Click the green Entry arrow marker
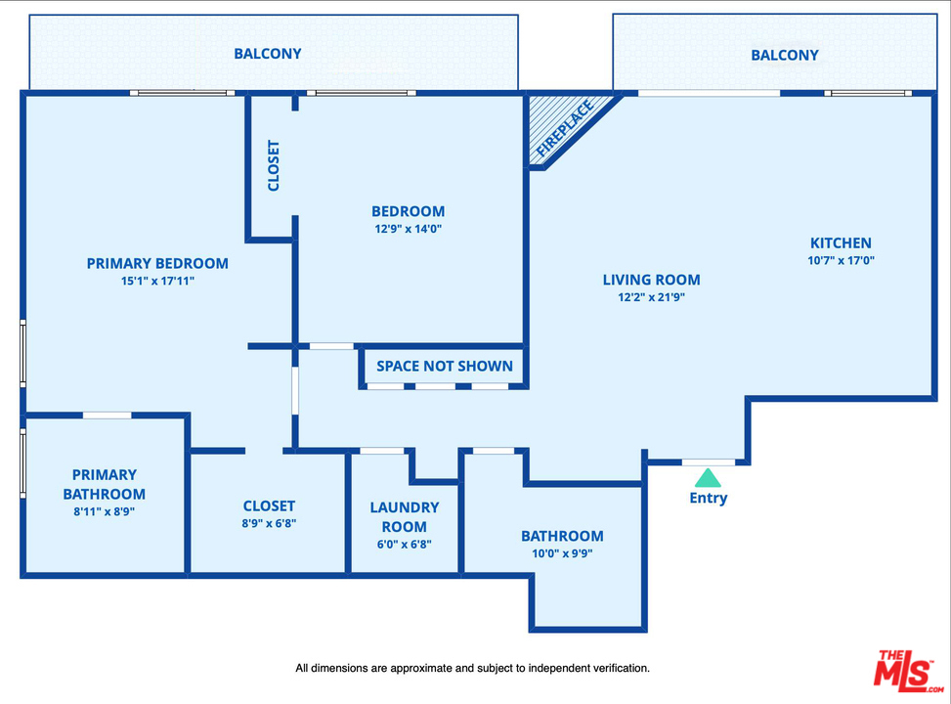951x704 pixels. tap(708, 478)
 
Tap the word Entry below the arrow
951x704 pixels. tap(708, 498)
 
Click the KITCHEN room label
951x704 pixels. tap(841, 243)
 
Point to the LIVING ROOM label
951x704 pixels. tap(651, 280)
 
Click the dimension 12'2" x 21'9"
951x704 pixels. tap(651, 297)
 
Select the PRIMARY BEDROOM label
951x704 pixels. tap(157, 263)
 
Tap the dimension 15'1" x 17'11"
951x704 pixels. tap(157, 281)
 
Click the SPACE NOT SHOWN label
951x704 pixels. tap(445, 366)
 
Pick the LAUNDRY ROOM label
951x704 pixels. tap(405, 517)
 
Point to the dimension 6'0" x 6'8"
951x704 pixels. tap(405, 545)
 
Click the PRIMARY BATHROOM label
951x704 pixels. tap(104, 485)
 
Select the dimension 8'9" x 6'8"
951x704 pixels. tap(269, 523)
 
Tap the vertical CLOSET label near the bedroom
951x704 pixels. tap(274, 166)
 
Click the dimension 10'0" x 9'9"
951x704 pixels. tap(562, 553)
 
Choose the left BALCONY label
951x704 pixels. tap(268, 54)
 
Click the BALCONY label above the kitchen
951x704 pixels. tap(785, 55)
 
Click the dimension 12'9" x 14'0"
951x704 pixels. tap(408, 229)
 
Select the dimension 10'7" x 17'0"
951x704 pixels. tap(841, 261)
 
